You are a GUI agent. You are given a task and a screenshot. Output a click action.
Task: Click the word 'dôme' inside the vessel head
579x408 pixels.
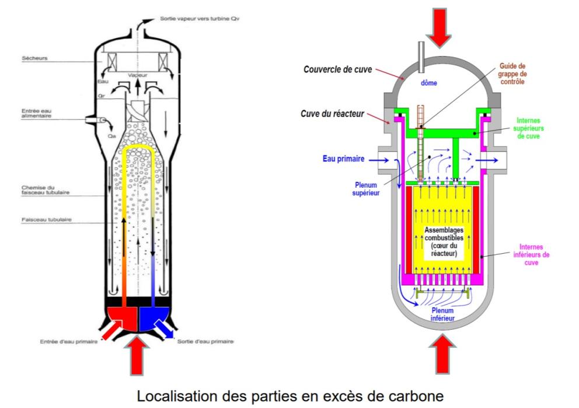pos(428,83)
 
